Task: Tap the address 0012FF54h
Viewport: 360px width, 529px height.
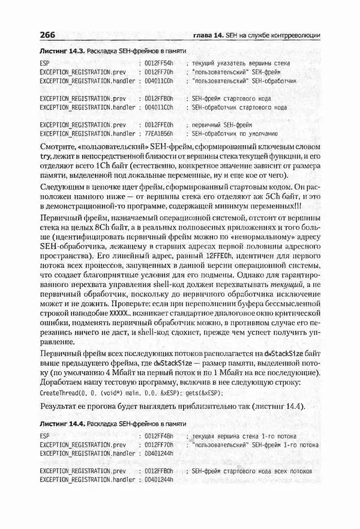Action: point(158,62)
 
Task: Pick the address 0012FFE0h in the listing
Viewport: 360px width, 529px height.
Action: point(158,124)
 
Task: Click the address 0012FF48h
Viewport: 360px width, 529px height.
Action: point(158,435)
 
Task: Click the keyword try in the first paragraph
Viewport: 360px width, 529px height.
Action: point(46,155)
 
